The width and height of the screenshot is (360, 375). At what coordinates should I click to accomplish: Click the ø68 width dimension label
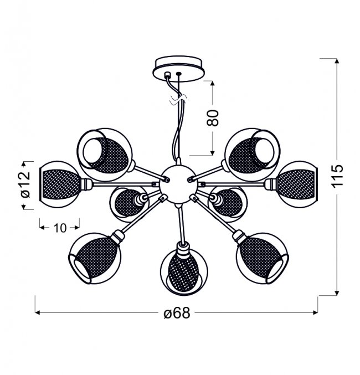[177, 313]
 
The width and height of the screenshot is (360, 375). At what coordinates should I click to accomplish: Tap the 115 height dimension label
[337, 176]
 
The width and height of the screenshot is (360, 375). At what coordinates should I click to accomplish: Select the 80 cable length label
[213, 118]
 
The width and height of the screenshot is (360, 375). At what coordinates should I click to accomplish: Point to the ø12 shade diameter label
[26, 185]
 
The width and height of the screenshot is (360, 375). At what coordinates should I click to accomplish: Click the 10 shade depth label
[60, 228]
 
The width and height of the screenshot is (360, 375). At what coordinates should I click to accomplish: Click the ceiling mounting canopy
[179, 69]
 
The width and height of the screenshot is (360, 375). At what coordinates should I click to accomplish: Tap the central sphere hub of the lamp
[178, 184]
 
